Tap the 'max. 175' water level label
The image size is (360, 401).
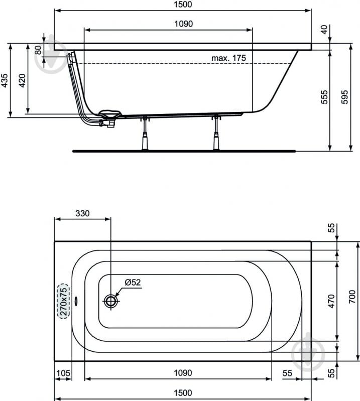(x=228, y=58)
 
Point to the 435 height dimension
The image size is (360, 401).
(x=5, y=80)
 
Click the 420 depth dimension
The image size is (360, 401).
(x=22, y=80)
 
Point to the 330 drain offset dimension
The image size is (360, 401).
(x=82, y=213)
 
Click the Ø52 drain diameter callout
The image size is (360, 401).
(x=133, y=283)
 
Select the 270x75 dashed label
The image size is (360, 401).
(x=64, y=301)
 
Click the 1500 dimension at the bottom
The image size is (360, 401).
(x=183, y=392)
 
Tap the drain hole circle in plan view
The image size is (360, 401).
(x=111, y=301)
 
